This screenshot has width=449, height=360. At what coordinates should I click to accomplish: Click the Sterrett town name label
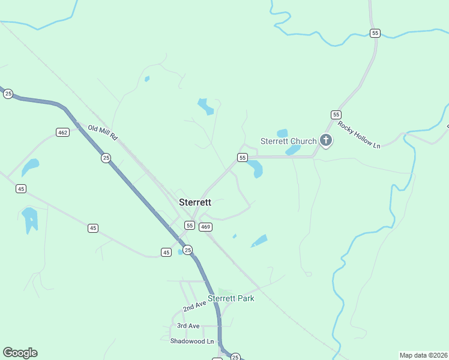[x=195, y=202]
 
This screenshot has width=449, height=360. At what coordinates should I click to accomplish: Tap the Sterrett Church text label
[x=288, y=141]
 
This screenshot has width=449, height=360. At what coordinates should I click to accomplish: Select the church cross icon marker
[x=326, y=141]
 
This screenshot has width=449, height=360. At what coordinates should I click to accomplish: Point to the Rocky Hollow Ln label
[x=359, y=135]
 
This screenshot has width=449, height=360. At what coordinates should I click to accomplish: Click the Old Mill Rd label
[x=101, y=132]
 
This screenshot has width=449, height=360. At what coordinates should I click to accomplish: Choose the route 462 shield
[x=62, y=132]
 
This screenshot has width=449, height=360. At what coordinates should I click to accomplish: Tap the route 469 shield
[x=206, y=226]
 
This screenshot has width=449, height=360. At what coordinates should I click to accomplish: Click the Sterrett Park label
[x=231, y=298]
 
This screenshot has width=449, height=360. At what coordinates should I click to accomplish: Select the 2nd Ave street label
[x=194, y=306]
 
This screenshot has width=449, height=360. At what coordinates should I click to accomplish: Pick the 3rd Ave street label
[x=188, y=326]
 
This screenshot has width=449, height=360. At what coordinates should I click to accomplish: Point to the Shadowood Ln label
[x=192, y=341]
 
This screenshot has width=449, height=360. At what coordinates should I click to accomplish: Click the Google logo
[x=20, y=353]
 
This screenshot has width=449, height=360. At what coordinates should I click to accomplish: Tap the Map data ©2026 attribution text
[x=423, y=355]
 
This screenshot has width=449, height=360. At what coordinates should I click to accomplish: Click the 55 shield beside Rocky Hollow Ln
[x=336, y=114]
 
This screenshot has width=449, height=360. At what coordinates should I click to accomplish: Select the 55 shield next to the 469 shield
[x=190, y=225]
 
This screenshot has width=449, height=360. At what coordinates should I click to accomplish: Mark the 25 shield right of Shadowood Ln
[x=235, y=356]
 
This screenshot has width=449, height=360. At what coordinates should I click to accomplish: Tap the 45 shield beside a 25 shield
[x=166, y=253]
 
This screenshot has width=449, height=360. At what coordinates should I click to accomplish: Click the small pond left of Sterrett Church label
[x=282, y=133]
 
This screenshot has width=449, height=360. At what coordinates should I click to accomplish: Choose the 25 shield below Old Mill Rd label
[x=106, y=158]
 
